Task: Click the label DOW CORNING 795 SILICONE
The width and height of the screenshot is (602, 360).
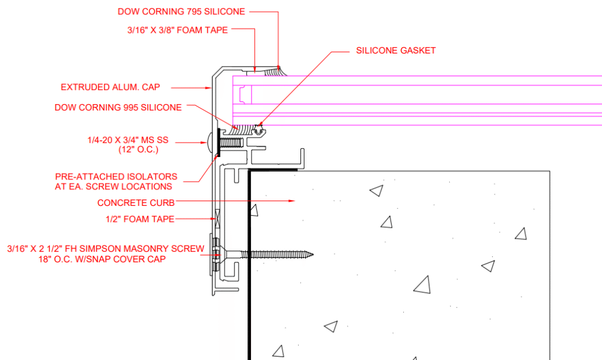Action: (180, 11)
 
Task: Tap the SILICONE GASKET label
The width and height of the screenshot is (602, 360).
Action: (396, 51)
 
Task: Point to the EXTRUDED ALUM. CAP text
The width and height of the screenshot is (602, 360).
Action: (111, 88)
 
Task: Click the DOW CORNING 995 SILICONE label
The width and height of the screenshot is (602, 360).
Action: (118, 108)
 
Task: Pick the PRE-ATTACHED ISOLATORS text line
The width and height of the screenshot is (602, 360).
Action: (116, 176)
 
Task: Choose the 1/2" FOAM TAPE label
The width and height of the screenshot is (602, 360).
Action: (141, 219)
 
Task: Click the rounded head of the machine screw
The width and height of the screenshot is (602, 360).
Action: (212, 142)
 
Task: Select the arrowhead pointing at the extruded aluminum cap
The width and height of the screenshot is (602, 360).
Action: (209, 88)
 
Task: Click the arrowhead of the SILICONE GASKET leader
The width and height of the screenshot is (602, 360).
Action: (259, 126)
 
